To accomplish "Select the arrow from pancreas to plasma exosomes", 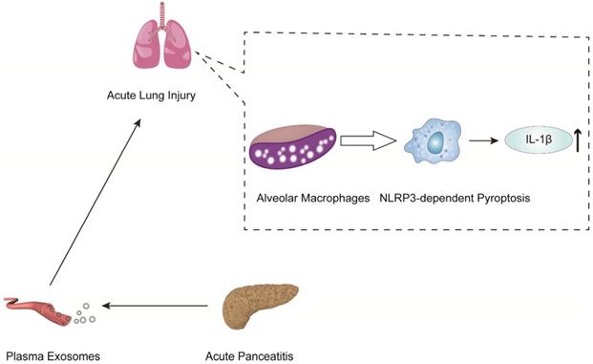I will point(157,306).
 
